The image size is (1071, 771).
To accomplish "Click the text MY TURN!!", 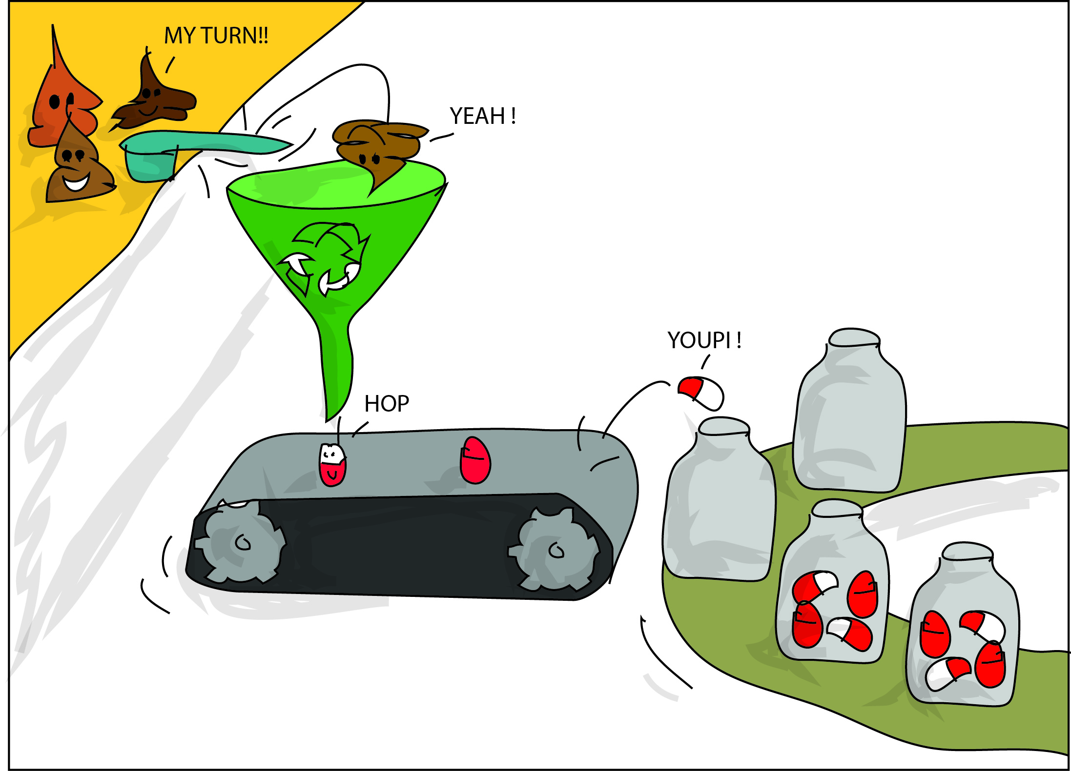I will tap(216, 36).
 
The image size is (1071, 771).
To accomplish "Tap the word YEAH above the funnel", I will tap(477, 116).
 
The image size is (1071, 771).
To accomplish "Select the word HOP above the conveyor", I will tap(387, 404).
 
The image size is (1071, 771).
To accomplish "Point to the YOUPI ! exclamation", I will tap(704, 340).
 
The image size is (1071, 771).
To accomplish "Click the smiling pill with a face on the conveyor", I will tap(332, 464).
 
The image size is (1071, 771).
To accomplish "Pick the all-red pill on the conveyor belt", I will tap(475, 460).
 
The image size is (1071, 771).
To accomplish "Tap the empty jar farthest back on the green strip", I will tap(849, 415).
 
